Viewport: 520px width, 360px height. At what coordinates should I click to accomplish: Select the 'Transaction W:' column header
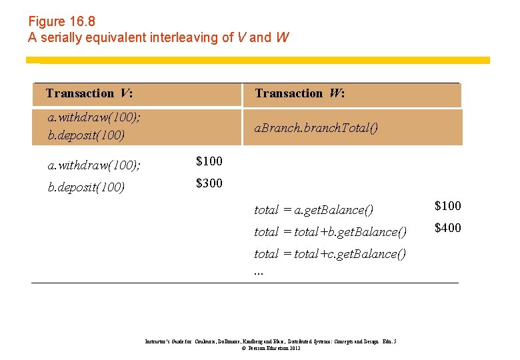(300, 94)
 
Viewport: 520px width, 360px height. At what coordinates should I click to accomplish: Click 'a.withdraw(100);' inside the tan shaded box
(94, 117)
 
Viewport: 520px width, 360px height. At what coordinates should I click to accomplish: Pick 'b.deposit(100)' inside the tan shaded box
(87, 135)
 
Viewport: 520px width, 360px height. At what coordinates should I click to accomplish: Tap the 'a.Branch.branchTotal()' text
(317, 127)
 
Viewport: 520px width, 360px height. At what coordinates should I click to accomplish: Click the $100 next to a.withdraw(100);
(209, 161)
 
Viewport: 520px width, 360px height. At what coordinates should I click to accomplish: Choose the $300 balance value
(209, 183)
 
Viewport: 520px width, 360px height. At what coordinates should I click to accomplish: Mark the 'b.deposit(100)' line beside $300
(87, 187)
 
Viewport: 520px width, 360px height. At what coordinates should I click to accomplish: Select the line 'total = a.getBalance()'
(314, 210)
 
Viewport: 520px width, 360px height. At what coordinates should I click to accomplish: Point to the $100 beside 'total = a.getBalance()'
(448, 206)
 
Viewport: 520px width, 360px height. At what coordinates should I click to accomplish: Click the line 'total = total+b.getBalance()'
(330, 232)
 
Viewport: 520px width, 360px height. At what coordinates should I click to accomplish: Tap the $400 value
(448, 228)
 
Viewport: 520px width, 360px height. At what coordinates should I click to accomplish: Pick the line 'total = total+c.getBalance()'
(330, 254)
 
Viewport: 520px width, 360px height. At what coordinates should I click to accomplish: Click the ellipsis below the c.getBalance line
(259, 271)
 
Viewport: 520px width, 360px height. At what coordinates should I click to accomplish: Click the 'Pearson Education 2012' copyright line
(271, 348)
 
